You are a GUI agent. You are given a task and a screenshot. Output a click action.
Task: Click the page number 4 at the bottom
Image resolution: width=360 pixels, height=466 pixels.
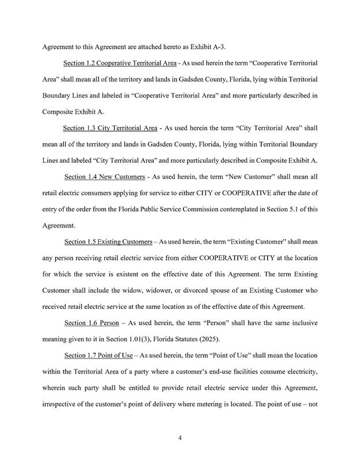point(180,438)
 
